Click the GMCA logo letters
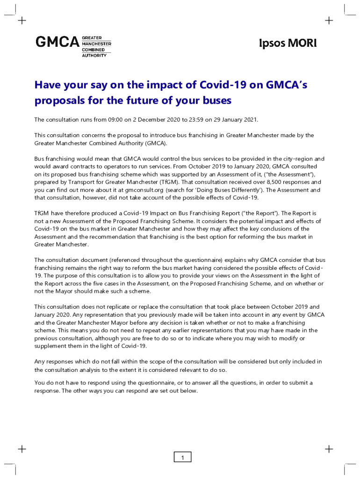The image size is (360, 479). (58, 42)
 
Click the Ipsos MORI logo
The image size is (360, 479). (288, 43)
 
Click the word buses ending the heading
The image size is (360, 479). (216, 101)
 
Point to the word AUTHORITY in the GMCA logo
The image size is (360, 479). (94, 55)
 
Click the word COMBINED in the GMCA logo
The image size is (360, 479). (94, 49)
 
